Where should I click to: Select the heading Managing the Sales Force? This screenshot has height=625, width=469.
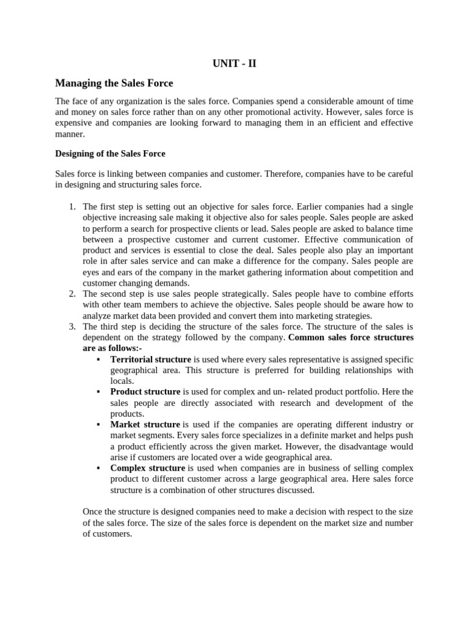tap(115, 83)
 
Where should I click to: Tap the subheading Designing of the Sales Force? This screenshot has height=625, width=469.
tap(110, 153)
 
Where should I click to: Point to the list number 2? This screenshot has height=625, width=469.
tap(71, 294)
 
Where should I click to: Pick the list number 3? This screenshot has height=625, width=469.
tap(71, 327)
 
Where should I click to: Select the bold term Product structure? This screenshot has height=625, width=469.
tap(145, 392)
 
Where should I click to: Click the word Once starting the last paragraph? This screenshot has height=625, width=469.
tap(93, 512)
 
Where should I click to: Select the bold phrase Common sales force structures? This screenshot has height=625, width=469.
tap(351, 338)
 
